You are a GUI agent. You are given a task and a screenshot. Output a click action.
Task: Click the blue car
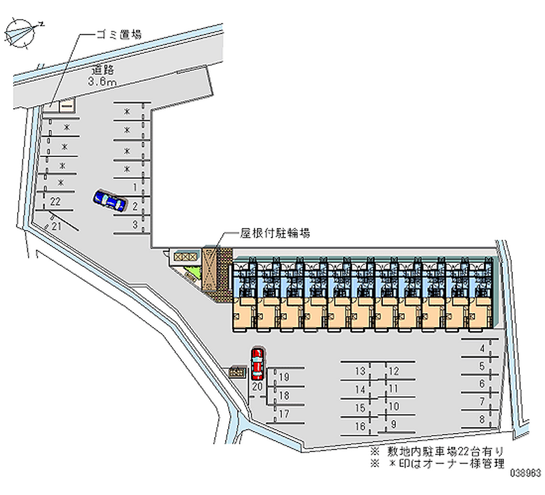(x=110, y=201)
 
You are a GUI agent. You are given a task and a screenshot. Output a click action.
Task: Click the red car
(x=258, y=363)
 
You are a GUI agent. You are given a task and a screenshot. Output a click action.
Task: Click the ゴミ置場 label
(x=117, y=33)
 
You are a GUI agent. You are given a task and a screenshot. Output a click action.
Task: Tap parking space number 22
(x=56, y=201)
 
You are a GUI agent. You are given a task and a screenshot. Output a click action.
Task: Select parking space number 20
(x=257, y=386)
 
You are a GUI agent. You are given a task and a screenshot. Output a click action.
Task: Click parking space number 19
(x=284, y=377)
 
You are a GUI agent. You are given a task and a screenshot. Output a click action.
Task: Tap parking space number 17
(x=284, y=413)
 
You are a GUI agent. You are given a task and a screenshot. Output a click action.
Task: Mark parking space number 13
(x=360, y=370)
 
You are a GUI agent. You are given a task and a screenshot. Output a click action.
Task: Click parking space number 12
(x=393, y=370)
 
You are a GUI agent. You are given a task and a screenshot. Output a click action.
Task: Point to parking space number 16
(x=360, y=426)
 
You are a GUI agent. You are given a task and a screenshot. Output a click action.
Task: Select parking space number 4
(x=482, y=349)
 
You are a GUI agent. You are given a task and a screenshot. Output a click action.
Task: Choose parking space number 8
(x=482, y=419)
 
